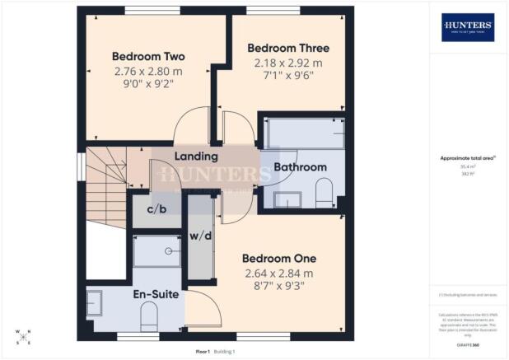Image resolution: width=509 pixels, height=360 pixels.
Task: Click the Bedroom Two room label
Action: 148,57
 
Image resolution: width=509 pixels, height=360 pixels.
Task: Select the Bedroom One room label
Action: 279,259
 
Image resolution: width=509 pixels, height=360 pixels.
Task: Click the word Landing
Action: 197,156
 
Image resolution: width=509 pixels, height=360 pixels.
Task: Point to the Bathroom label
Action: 301,167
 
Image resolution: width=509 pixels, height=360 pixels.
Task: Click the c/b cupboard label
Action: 156,209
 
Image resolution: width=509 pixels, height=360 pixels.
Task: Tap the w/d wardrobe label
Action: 200,237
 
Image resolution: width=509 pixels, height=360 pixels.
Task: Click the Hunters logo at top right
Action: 468,27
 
